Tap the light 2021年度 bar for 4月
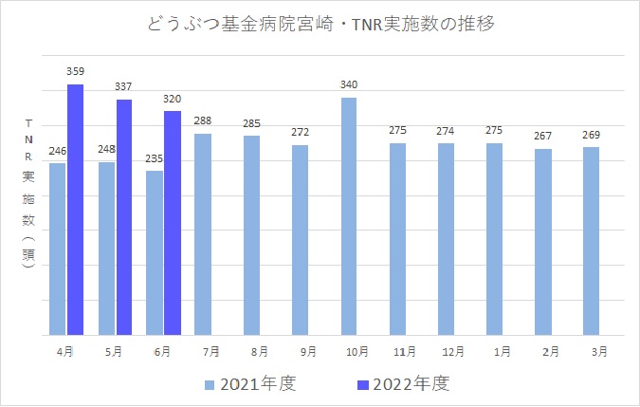(58, 249)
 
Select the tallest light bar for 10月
(349, 216)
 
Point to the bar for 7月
(203, 234)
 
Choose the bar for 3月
(592, 241)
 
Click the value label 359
(76, 71)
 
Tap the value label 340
(350, 85)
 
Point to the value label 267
(543, 136)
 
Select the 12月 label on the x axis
(453, 351)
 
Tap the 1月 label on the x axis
(503, 351)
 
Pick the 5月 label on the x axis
(113, 351)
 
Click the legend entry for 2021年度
(250, 384)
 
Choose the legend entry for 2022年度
(398, 384)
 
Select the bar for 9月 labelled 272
(301, 240)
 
